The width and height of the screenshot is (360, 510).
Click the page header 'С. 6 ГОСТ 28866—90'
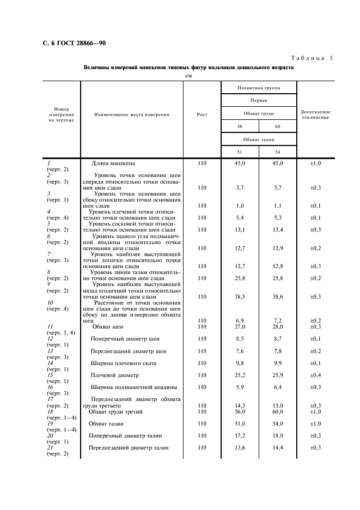[x=66, y=43]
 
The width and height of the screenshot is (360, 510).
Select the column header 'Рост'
[x=202, y=114]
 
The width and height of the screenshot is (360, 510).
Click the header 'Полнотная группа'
[x=259, y=88]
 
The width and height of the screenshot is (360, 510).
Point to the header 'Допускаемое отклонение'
[x=315, y=114]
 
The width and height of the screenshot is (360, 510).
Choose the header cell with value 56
[x=240, y=126]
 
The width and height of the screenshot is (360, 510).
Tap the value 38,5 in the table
[x=240, y=297]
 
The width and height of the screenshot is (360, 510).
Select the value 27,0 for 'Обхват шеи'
[x=240, y=326]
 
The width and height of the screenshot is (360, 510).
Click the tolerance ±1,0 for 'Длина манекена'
[x=315, y=163]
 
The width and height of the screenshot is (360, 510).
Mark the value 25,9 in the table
[x=278, y=375]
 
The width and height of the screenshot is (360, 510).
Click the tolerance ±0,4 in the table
[x=315, y=375]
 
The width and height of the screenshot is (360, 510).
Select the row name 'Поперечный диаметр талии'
[x=126, y=436]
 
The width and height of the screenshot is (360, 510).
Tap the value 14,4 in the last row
[x=278, y=448]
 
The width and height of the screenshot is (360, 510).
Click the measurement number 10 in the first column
[x=50, y=302]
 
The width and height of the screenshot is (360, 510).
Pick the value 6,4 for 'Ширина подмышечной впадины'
[x=278, y=387]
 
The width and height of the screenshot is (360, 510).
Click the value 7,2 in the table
[x=278, y=321]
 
